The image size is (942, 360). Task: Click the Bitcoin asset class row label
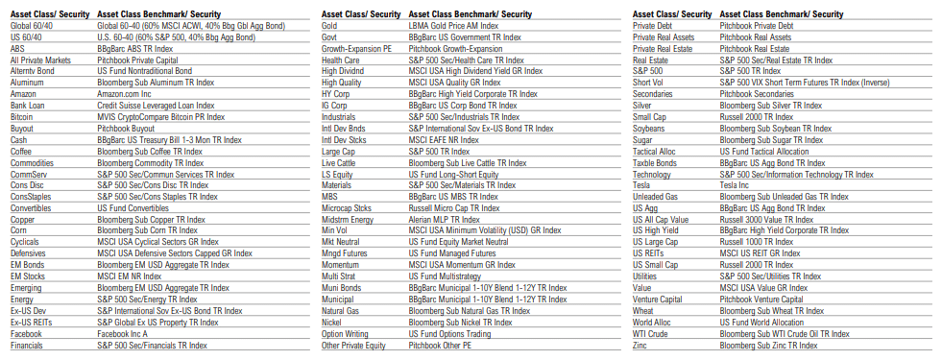[x=22, y=116]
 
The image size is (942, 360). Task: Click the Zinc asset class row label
[x=641, y=345]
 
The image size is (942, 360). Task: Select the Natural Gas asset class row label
[x=342, y=311]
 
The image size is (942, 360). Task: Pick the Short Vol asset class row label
[x=649, y=83]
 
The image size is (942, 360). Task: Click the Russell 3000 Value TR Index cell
[x=769, y=219]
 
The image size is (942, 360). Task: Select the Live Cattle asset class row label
[x=341, y=162]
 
